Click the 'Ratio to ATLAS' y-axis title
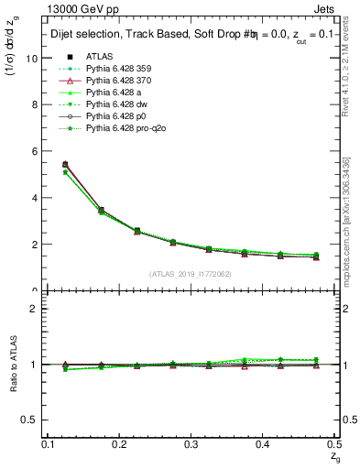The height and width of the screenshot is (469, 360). point(13,366)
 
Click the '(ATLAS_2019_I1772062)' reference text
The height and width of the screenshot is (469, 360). point(191,274)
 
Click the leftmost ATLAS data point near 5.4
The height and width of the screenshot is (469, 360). point(64,165)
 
